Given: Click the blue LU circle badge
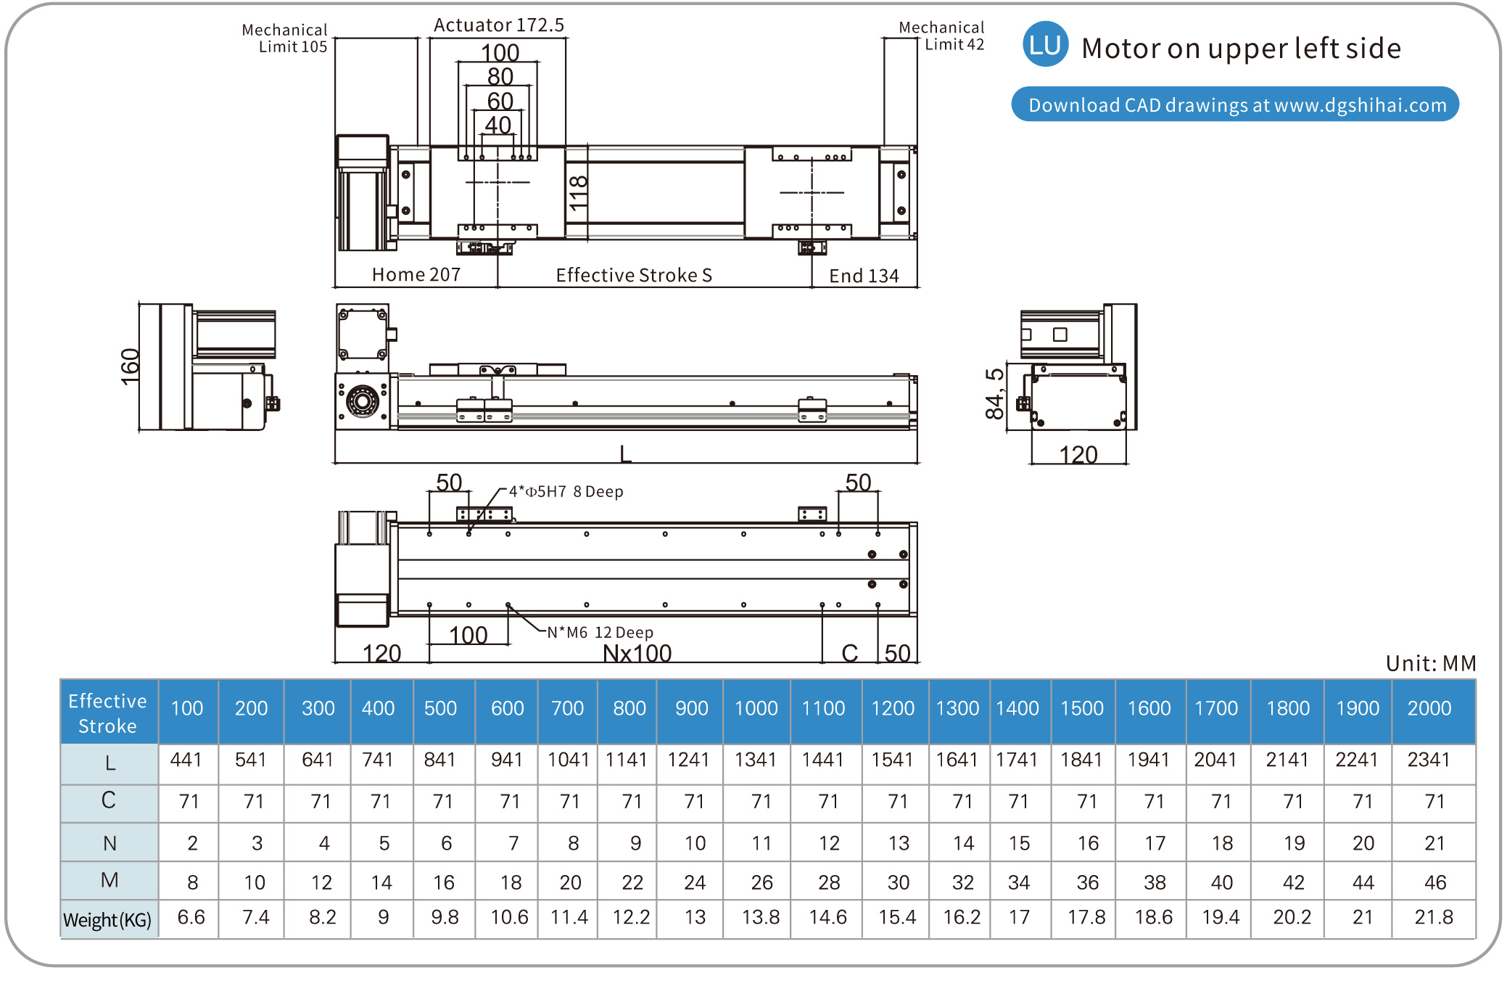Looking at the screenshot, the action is [x=1045, y=45].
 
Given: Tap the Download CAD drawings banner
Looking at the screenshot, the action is [x=1235, y=104].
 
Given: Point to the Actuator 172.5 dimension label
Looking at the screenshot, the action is [x=499, y=25].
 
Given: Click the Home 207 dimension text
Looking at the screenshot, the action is [x=416, y=274].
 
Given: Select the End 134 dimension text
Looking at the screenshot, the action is [x=864, y=276].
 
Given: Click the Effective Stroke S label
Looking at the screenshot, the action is [x=634, y=275].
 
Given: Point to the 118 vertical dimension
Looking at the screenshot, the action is [x=578, y=193].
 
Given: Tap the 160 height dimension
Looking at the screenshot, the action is [x=130, y=366].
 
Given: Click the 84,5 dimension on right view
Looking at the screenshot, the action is [x=994, y=394].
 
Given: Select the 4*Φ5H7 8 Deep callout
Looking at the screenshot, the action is [x=566, y=491].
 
